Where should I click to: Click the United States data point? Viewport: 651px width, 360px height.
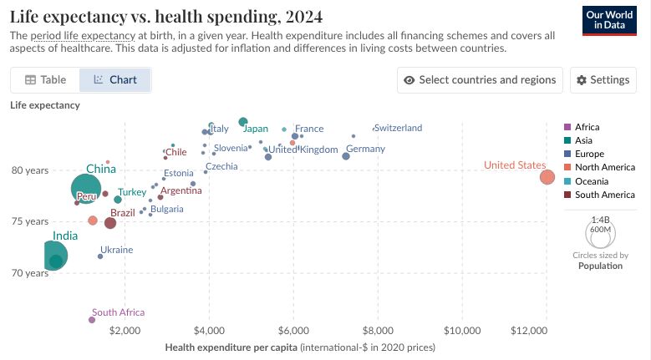(x=547, y=177)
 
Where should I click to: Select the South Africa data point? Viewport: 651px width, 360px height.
(x=92, y=320)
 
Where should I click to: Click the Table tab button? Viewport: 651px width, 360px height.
(x=45, y=80)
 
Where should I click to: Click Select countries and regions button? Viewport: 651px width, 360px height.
(x=479, y=80)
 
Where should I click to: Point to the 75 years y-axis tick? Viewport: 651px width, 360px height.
(x=30, y=221)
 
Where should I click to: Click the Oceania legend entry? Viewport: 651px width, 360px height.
(x=592, y=181)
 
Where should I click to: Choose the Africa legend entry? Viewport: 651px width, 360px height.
(x=587, y=127)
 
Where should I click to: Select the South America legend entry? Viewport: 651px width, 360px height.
(x=598, y=195)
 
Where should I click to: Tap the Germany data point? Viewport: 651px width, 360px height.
(x=346, y=156)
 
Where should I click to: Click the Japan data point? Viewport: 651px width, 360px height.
(x=243, y=122)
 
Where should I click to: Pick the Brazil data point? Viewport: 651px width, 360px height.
(x=110, y=223)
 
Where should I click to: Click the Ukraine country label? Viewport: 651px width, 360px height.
(x=116, y=250)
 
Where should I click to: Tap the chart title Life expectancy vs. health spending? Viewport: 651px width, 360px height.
(x=166, y=17)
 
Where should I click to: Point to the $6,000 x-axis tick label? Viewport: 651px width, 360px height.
(x=293, y=331)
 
